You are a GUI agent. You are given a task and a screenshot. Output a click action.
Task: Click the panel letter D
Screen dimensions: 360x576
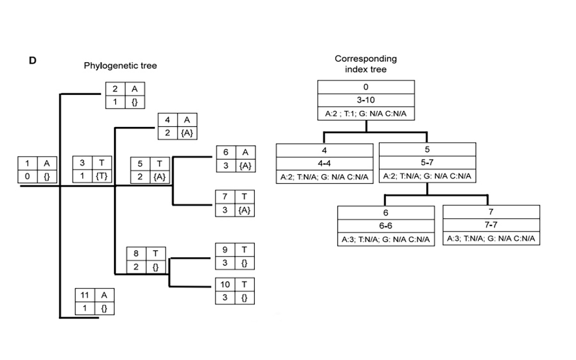[x=32, y=60]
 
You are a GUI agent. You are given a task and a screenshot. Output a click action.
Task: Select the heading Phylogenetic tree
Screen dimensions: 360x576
[x=121, y=66]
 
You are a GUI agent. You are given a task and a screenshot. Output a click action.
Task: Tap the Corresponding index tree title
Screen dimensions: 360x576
[x=366, y=64]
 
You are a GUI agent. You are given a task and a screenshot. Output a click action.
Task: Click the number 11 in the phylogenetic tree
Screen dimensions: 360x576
[x=84, y=295]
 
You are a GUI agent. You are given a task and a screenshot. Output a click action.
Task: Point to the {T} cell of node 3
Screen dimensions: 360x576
[x=102, y=176]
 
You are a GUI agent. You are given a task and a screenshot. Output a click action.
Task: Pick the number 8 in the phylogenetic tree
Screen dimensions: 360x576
[x=136, y=254]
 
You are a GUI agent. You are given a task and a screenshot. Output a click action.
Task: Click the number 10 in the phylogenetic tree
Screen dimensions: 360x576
[x=225, y=284]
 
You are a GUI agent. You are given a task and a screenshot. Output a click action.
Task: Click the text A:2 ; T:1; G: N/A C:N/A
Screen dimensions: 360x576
[x=366, y=115]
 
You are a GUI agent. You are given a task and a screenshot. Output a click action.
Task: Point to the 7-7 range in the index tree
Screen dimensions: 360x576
[x=491, y=225]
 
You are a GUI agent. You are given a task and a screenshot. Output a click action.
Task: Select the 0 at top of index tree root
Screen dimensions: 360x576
[x=366, y=87]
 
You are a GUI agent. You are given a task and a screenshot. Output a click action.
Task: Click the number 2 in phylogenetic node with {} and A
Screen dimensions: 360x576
[x=115, y=89]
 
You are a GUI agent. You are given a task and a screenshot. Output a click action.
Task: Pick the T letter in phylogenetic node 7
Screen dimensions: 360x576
[x=244, y=196]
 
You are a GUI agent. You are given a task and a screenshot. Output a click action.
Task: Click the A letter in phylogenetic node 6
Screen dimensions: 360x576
[x=244, y=152]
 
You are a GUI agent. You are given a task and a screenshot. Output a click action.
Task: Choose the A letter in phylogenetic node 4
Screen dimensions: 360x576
[x=187, y=120]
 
